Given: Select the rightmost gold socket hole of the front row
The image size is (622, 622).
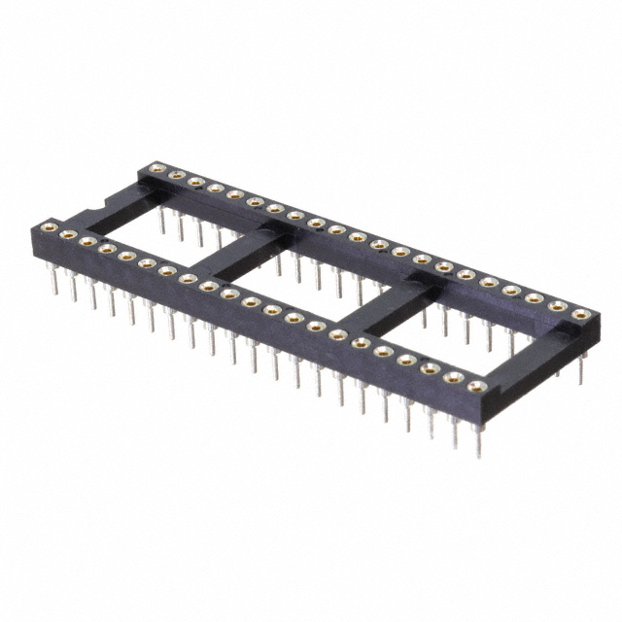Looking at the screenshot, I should click(476, 387).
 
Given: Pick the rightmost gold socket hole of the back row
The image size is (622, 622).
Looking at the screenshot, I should click(580, 313).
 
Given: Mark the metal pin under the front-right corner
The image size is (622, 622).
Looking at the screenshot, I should click(476, 437).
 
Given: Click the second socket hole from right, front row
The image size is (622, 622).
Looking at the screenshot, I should click(453, 377).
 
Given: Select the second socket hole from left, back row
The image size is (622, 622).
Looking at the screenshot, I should click(176, 175).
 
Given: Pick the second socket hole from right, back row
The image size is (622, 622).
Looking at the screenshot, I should click(559, 305).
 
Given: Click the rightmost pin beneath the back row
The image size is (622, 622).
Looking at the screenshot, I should click(581, 373).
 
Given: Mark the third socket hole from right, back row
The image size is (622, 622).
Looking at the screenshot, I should click(536, 297).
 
